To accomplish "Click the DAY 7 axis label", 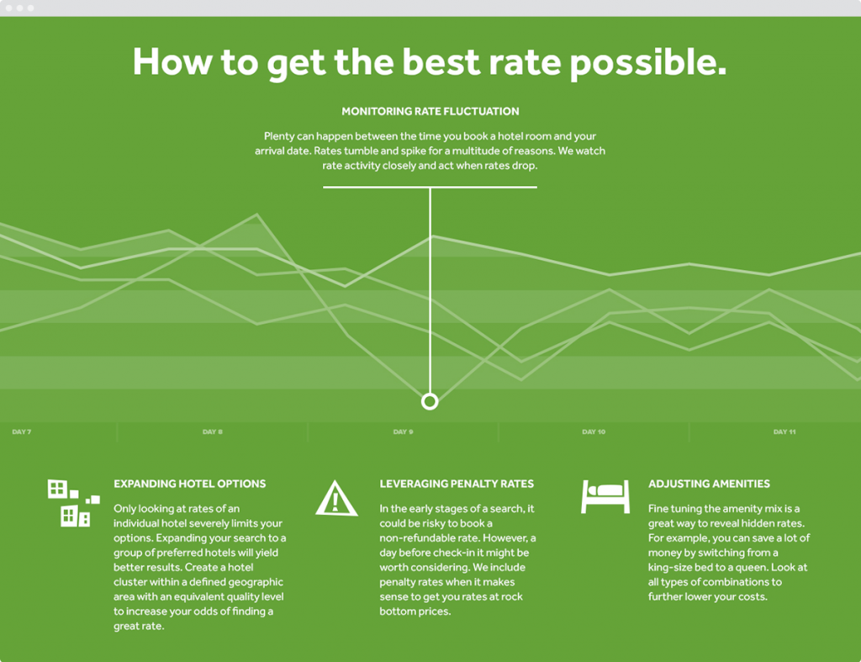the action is coord(21,432).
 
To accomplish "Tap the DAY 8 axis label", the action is coord(213,432).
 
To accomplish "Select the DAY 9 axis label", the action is coord(403,432).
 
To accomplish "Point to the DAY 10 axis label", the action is coord(594,432).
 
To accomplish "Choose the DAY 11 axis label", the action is coord(784,432).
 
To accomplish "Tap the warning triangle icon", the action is coord(336,498).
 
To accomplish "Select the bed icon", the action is coord(605,496).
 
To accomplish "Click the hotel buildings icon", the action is coord(74,503).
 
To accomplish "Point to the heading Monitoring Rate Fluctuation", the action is coord(430,112).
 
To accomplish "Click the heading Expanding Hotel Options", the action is coord(189,484).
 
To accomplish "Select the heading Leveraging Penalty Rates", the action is coord(457,484).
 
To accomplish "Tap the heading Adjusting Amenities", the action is coord(709,484).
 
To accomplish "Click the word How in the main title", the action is coord(172,61).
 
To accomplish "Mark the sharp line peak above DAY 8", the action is coord(257,214).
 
